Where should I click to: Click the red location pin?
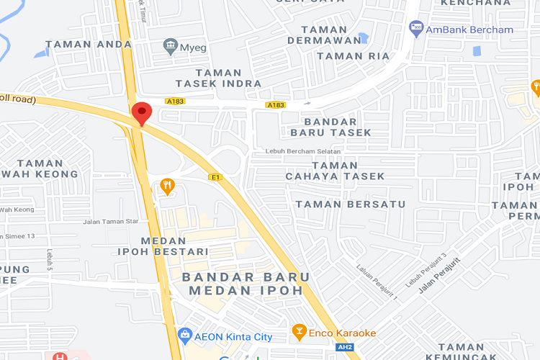(x=141, y=114)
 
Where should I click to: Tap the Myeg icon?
(x=171, y=46)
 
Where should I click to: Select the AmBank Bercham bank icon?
(x=416, y=29)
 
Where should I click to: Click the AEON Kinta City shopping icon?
(x=185, y=336)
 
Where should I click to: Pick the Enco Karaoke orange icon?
(x=299, y=332)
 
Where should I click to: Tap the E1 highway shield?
(x=215, y=176)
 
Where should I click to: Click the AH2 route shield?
(x=346, y=348)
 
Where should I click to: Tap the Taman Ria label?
(x=353, y=55)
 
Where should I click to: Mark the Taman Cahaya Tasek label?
(x=335, y=171)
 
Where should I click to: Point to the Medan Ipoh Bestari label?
(x=163, y=246)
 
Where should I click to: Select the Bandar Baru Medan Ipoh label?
(x=246, y=283)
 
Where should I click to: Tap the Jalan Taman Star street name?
(x=110, y=222)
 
